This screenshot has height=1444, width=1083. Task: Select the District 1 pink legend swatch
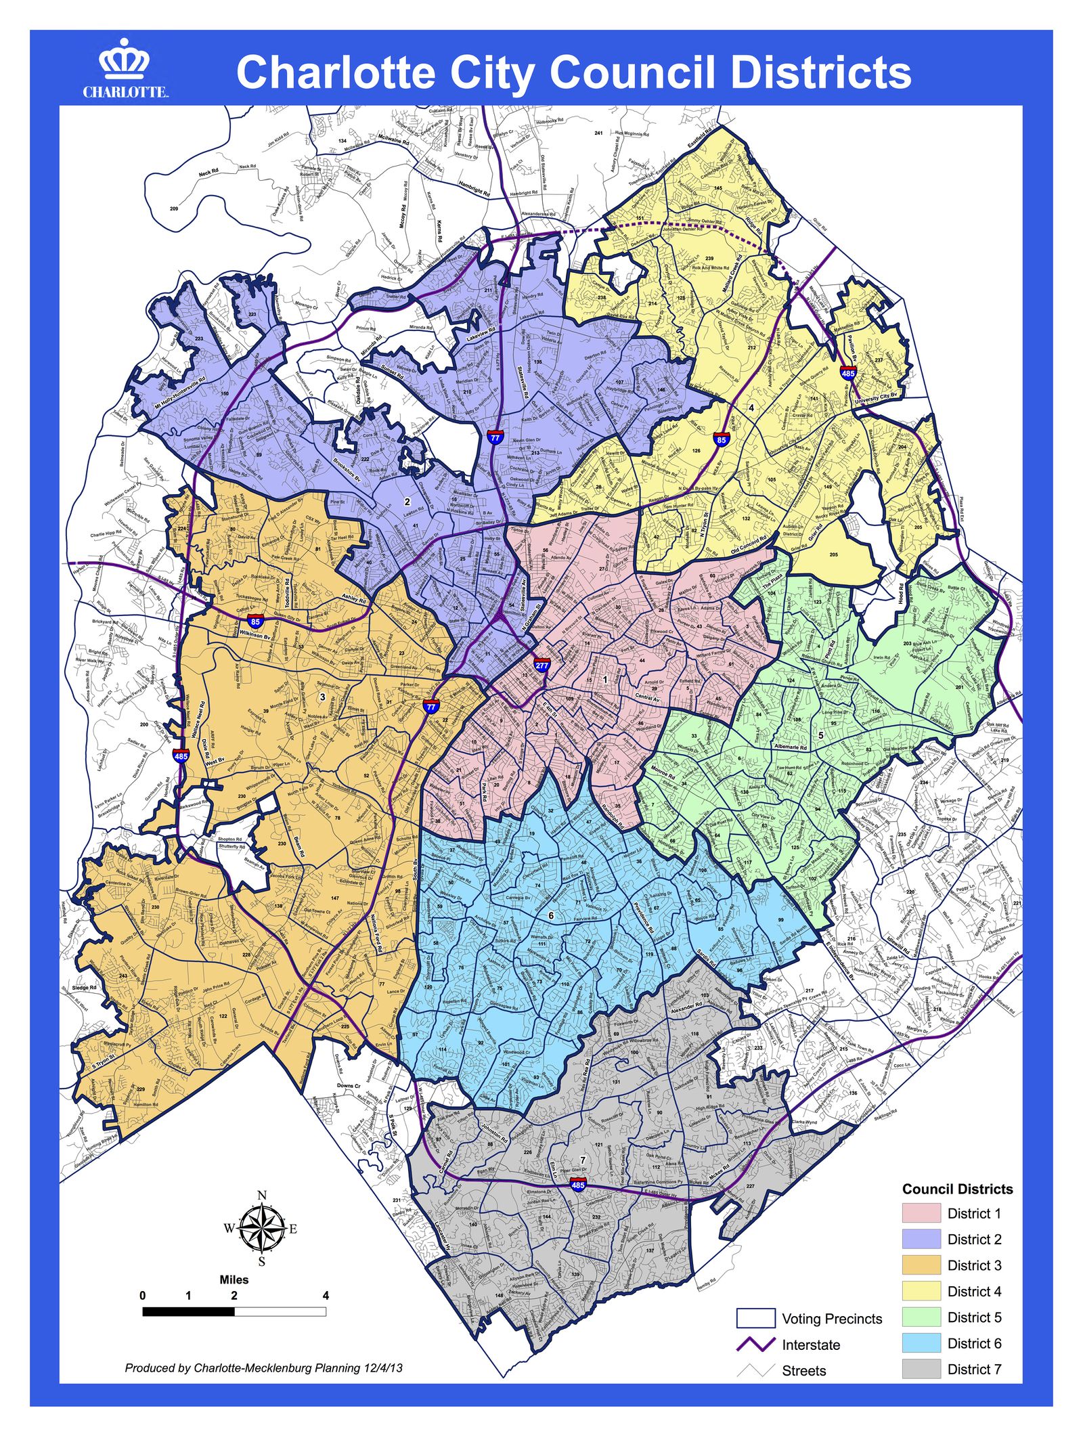pos(921,1213)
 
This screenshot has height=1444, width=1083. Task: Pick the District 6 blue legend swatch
pos(921,1343)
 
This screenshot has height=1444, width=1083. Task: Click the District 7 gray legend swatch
pos(921,1369)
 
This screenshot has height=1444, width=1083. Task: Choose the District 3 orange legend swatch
pos(921,1265)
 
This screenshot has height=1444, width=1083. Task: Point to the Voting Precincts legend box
pos(755,1318)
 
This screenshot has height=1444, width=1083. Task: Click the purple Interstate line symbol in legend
pos(755,1344)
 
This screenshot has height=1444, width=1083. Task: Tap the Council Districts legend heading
pos(957,1189)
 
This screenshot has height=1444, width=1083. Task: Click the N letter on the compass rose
pos(262,1195)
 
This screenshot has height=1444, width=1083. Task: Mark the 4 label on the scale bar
pos(326,1296)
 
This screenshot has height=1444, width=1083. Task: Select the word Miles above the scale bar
pos(234,1280)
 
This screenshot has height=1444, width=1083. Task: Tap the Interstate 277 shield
pos(541,664)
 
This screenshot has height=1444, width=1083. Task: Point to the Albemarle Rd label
pos(791,747)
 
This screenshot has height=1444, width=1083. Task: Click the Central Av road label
pos(647,697)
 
